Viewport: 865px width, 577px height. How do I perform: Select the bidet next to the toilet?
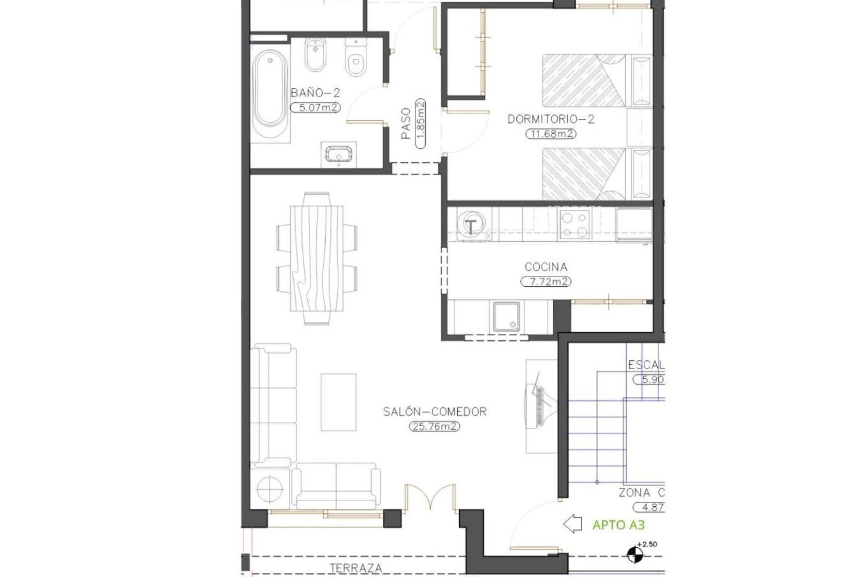(x=315, y=55)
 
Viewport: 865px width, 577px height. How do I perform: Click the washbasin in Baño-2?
(x=338, y=154)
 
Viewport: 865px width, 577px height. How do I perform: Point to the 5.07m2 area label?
(x=315, y=108)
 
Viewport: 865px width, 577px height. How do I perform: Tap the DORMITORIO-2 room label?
(x=551, y=119)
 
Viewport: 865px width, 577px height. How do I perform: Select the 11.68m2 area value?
(x=551, y=134)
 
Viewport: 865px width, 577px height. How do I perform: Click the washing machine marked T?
(x=471, y=225)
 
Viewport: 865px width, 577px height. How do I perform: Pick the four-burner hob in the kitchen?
(x=574, y=224)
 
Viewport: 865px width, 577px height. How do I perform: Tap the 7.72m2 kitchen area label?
(x=546, y=282)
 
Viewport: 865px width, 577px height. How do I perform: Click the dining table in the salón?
(x=317, y=258)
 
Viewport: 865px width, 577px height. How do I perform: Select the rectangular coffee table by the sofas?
(x=338, y=402)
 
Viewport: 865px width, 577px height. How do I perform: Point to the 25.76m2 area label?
(x=434, y=426)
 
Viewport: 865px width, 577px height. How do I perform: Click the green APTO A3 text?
(x=618, y=525)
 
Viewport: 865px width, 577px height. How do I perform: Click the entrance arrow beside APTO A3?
(x=573, y=524)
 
